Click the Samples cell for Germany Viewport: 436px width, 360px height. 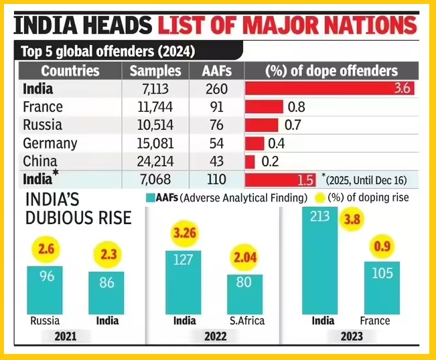tap(155, 143)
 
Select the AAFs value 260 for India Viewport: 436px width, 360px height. tap(217, 89)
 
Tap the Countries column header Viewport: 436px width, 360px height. tap(70, 71)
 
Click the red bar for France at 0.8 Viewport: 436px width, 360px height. tap(264, 107)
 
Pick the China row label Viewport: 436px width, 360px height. tap(40, 161)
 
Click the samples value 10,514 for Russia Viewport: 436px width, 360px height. tap(155, 125)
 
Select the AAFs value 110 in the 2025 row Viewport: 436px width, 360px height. tap(217, 179)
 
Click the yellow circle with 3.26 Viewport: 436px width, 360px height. tap(185, 234)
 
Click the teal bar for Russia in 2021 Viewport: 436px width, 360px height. tap(45, 289)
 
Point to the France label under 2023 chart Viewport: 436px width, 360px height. tap(374, 321)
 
